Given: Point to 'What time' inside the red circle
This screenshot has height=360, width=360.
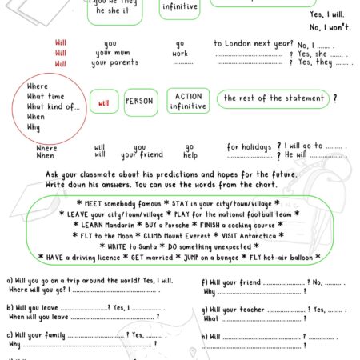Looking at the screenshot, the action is click(x=47, y=96).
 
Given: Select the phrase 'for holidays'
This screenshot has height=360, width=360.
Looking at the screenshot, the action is click(x=249, y=147).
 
